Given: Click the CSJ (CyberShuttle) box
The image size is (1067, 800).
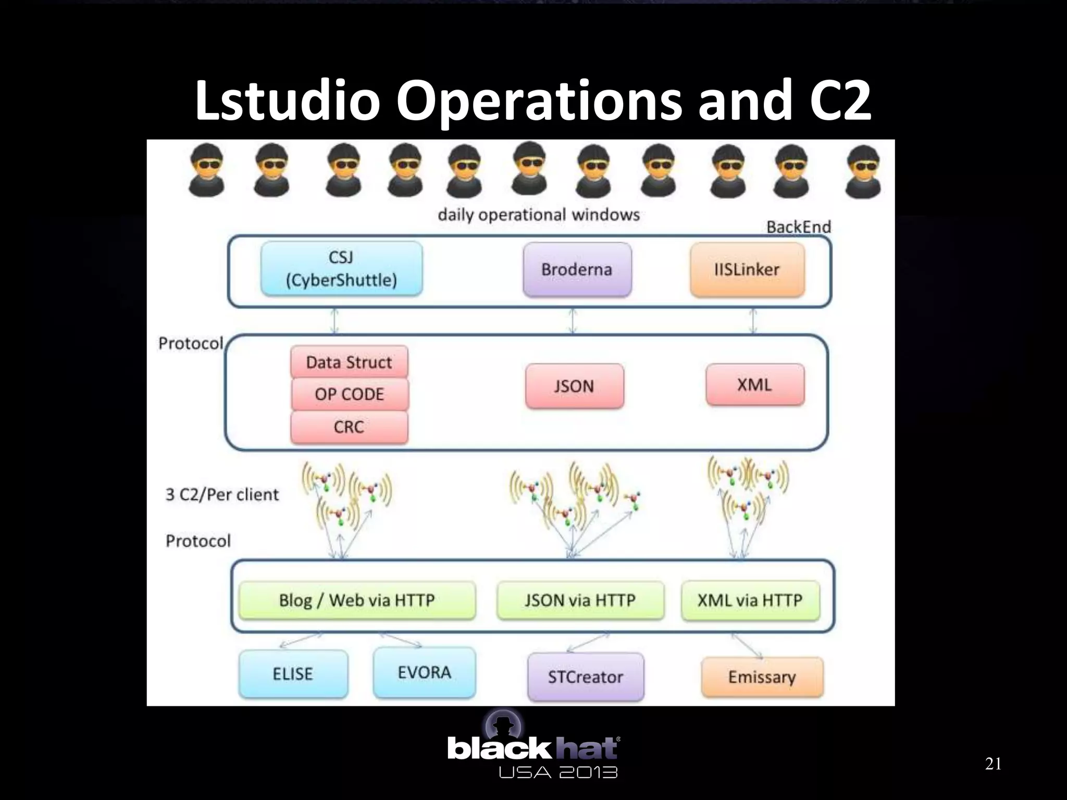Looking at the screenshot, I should (x=341, y=269).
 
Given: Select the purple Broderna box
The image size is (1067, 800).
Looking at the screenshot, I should (x=577, y=269).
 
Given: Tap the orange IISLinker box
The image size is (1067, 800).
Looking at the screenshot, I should (x=747, y=269).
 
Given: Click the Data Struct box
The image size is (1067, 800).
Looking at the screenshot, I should (x=349, y=362).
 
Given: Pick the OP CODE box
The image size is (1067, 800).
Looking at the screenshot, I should (x=349, y=394).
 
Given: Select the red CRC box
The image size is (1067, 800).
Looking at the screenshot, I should (x=349, y=427).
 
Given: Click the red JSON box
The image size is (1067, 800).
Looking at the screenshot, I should (x=574, y=386).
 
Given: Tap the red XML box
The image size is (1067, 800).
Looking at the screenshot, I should (x=754, y=384).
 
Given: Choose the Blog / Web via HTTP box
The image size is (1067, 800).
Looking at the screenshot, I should (x=357, y=600).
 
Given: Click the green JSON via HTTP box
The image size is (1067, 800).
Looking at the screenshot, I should (x=580, y=600).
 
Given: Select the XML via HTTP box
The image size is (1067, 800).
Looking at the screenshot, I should (x=750, y=600).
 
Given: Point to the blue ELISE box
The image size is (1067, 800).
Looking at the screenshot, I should (x=293, y=673).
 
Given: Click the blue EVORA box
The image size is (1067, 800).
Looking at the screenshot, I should (x=424, y=672).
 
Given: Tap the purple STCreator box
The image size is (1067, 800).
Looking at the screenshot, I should (x=585, y=677).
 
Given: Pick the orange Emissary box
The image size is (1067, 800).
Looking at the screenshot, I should (x=762, y=677).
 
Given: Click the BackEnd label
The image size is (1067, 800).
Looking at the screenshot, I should (x=798, y=227).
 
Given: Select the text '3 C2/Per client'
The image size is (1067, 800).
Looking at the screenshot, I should (x=222, y=494).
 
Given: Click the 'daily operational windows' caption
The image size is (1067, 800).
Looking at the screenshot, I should (x=538, y=215).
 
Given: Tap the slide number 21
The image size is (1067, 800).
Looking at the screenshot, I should (x=993, y=764).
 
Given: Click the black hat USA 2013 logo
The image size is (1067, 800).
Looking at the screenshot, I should (x=532, y=750).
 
